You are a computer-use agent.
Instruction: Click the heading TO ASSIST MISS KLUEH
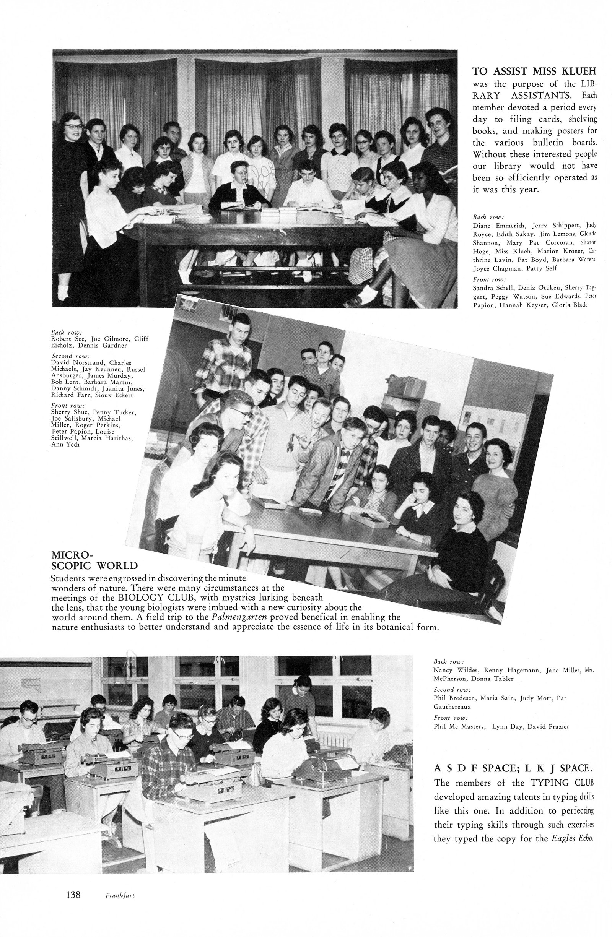click(x=534, y=71)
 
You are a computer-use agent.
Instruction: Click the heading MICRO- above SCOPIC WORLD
click(x=72, y=555)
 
